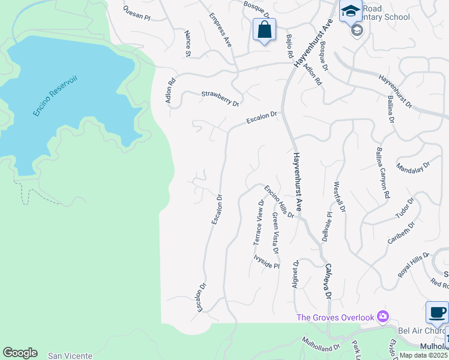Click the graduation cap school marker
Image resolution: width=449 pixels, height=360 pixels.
click(351, 11)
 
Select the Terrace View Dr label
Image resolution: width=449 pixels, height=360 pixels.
click(260, 222)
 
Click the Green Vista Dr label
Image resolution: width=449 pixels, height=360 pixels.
click(276, 232)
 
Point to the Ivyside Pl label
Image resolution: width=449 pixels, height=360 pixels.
click(267, 262)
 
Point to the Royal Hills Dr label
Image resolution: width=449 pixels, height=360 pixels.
click(414, 265)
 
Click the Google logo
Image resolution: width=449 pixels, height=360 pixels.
click(20, 353)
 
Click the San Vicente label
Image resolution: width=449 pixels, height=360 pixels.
click(70, 356)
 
